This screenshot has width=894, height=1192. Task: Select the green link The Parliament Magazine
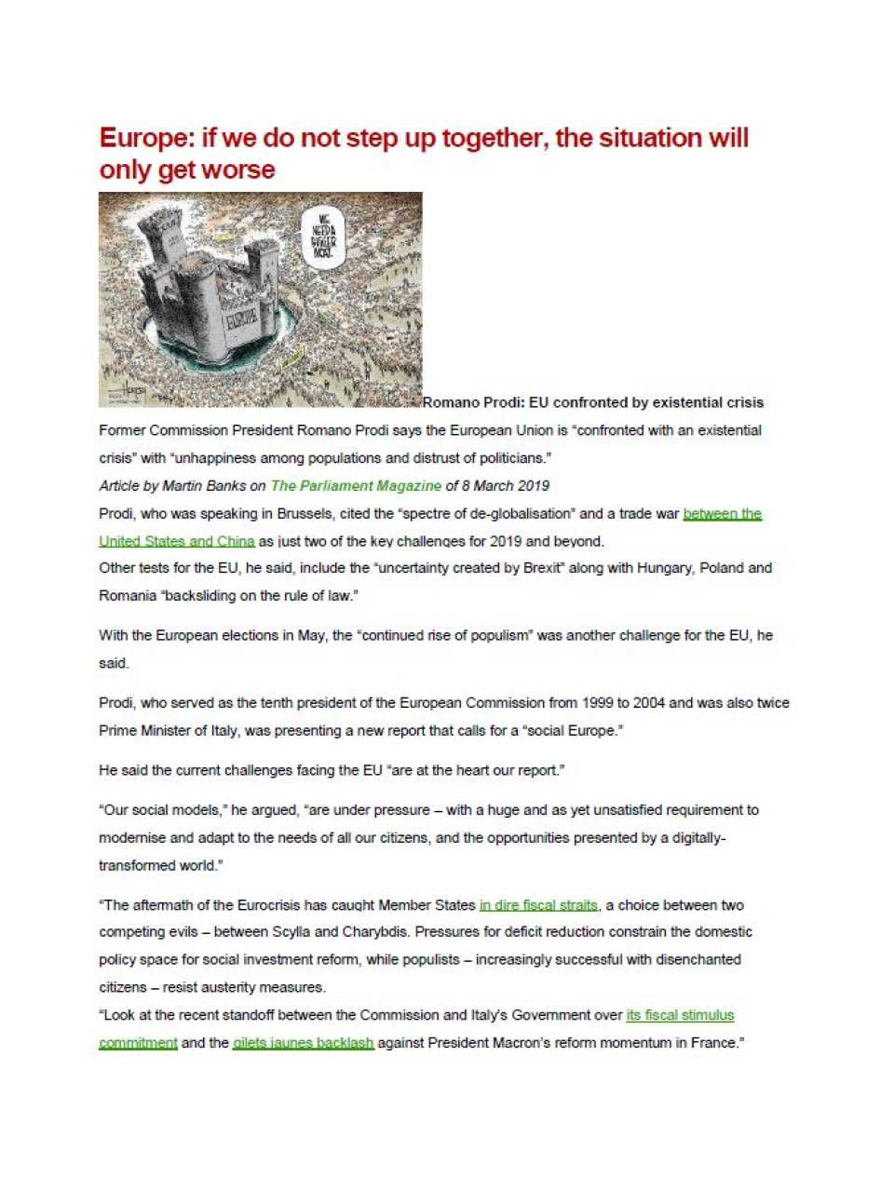coord(356,486)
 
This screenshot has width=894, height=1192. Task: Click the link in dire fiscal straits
coord(538,905)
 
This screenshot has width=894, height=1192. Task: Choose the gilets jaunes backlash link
coord(304,1043)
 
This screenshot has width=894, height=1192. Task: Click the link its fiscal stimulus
coord(680,1015)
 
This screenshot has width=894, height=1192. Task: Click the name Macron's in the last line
coord(535,1043)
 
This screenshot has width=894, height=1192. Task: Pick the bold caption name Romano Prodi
coord(473,403)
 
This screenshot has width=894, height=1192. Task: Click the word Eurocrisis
coord(265,905)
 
